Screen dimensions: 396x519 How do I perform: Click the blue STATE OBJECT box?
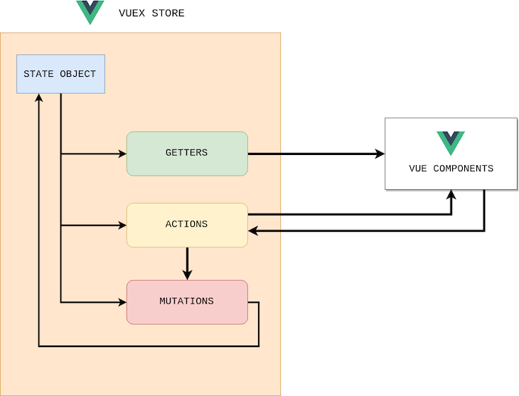pos(60,74)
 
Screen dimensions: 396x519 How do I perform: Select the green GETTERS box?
pos(187,154)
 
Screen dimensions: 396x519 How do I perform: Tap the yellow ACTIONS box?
pos(187,225)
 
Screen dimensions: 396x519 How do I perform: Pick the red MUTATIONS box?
pos(187,302)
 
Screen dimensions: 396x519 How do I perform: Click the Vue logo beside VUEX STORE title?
pos(90,12)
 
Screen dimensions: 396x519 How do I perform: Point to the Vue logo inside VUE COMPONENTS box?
pos(451,142)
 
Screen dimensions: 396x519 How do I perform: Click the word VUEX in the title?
pos(132,14)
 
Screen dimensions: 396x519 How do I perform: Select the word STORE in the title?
pos(168,14)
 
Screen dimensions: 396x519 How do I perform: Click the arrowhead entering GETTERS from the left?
pos(122,154)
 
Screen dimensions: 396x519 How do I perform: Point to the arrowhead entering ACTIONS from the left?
pos(122,225)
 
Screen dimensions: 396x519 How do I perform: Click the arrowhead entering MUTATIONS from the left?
pos(122,302)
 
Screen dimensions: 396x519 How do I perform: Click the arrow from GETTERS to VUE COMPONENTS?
pos(313,154)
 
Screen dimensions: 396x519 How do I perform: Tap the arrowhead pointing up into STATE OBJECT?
pos(38,99)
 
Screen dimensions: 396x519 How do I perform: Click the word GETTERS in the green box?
pos(186,153)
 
